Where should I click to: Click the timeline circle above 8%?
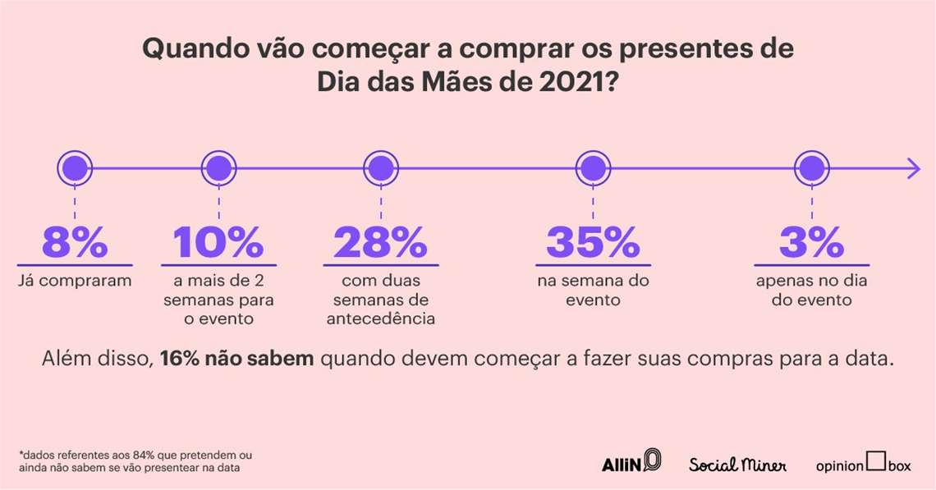(x=75, y=169)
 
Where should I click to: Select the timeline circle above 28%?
(x=379, y=169)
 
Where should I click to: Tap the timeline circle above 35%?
(x=592, y=169)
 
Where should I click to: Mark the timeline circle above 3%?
(x=810, y=169)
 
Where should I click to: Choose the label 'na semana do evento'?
(x=592, y=291)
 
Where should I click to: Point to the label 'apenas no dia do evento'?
(x=810, y=291)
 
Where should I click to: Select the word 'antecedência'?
(x=380, y=318)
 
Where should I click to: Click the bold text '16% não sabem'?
(x=236, y=359)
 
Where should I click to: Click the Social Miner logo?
(x=737, y=465)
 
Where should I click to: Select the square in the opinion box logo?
(x=876, y=461)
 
